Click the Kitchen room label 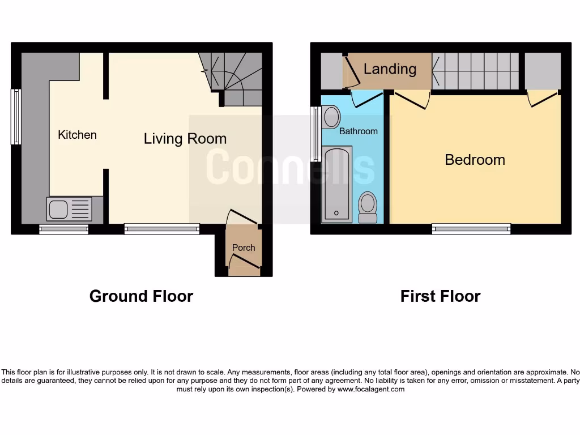tap(78, 135)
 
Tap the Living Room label tap(185, 139)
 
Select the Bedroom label tap(475, 160)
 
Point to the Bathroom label tap(358, 131)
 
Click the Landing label tap(390, 69)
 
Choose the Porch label tap(244, 248)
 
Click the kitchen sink tap(69, 209)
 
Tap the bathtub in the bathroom tap(337, 184)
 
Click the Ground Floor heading tap(141, 296)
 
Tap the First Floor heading tap(440, 296)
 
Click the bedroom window tap(471, 229)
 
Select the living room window tap(162, 229)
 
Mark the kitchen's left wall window tap(16, 117)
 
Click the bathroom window tap(314, 134)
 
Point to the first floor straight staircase tap(476, 70)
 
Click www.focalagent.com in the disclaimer tap(371, 389)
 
